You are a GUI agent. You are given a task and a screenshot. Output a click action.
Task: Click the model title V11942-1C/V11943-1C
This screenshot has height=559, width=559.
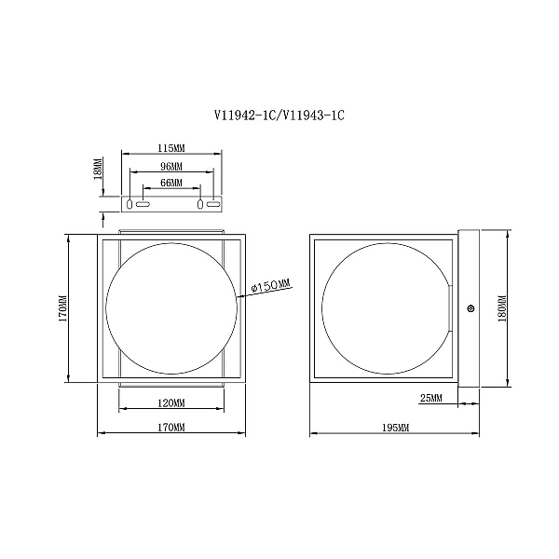(x=279, y=116)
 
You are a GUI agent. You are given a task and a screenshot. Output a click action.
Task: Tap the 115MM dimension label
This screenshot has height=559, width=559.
(x=171, y=148)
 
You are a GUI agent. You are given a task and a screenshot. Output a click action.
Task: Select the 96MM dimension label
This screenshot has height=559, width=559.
(x=171, y=166)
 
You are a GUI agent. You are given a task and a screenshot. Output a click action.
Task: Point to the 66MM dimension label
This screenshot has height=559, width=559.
(x=171, y=183)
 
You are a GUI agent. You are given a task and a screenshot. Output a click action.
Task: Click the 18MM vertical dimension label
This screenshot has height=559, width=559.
(x=98, y=168)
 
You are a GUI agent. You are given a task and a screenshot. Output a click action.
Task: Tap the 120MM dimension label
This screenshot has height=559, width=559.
(x=171, y=403)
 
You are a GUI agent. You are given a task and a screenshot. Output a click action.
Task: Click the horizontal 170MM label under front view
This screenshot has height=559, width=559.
(x=171, y=427)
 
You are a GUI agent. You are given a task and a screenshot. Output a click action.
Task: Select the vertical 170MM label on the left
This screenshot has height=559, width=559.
(x=62, y=308)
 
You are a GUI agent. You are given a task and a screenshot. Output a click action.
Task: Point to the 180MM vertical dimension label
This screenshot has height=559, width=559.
(x=502, y=308)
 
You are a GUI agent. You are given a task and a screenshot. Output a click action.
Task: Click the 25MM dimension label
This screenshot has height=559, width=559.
(x=430, y=398)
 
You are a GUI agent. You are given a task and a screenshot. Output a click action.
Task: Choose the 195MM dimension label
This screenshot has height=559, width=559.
(x=395, y=427)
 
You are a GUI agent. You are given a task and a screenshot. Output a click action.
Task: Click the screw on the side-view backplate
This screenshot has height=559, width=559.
(x=470, y=308)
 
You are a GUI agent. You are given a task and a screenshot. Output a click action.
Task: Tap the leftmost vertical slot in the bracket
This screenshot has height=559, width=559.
(x=130, y=204)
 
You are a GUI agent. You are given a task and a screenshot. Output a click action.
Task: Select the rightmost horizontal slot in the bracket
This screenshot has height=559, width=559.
(x=213, y=204)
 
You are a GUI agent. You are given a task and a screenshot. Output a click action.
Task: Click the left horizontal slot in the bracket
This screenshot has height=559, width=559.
(x=143, y=204)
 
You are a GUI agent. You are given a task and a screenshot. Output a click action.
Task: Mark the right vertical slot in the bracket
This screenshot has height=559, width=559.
(x=200, y=204)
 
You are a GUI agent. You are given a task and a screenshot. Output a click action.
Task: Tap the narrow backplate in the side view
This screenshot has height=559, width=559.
(x=469, y=308)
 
